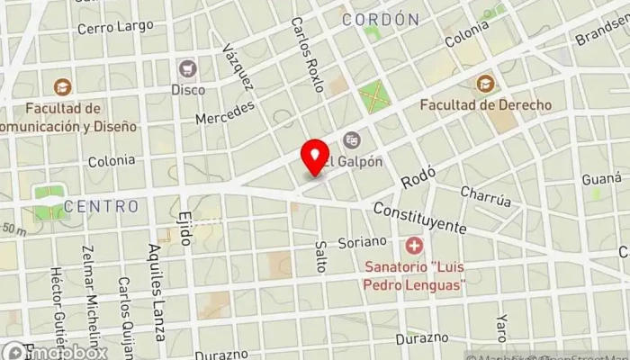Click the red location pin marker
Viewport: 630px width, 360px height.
pyautogui.click(x=315, y=158)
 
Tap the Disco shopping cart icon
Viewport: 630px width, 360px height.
pyautogui.click(x=188, y=68)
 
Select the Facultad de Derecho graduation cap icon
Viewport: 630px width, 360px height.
pyautogui.click(x=486, y=84)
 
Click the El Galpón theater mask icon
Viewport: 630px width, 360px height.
pyautogui.click(x=351, y=140)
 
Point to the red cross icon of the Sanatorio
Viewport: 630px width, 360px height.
pyautogui.click(x=414, y=245)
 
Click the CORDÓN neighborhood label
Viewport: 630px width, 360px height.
pyautogui.click(x=381, y=19)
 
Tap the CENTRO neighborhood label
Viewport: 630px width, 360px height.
pyautogui.click(x=101, y=206)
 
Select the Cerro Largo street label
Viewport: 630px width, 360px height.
pyautogui.click(x=115, y=28)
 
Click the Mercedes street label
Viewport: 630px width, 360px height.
pyautogui.click(x=225, y=112)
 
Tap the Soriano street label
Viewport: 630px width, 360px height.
pyautogui.click(x=362, y=242)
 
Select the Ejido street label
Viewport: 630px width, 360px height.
pyautogui.click(x=184, y=230)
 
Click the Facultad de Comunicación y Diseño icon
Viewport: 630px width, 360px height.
pyautogui.click(x=62, y=87)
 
